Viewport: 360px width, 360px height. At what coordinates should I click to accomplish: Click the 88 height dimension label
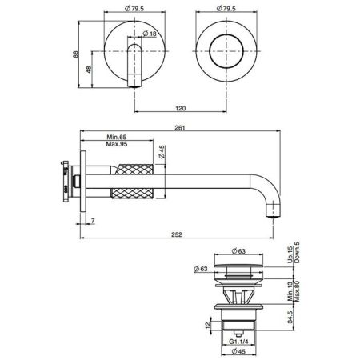pos(75,54)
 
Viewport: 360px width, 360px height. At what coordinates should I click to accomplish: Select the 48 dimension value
pos(89,70)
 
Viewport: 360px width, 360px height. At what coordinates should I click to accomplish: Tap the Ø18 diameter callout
pos(150,34)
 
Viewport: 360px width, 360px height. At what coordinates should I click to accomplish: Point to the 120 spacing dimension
pos(181,108)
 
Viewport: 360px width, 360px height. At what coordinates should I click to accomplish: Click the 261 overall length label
pos(180,128)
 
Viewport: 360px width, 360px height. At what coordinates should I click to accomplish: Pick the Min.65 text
pos(117,137)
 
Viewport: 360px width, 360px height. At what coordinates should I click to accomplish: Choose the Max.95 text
pos(117,144)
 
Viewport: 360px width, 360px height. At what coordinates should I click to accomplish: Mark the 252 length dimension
pos(177,234)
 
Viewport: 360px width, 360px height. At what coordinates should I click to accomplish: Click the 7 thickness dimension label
pos(93,221)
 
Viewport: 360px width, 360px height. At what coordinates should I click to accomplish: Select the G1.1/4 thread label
pos(238,342)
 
